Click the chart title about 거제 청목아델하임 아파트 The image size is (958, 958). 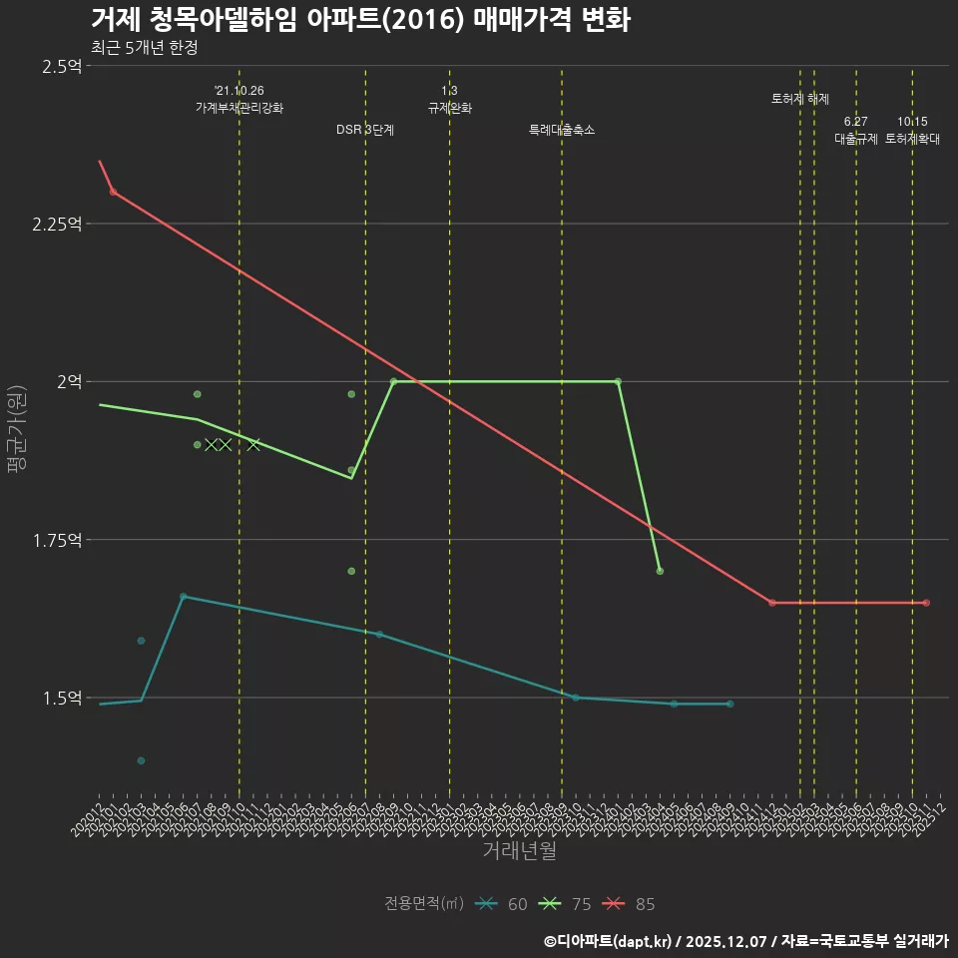[359, 20]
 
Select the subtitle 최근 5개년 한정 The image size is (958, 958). [151, 48]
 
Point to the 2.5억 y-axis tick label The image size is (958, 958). [62, 66]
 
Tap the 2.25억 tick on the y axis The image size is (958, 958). [57, 224]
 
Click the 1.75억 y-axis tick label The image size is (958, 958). [57, 540]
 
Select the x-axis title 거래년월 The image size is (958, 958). [519, 850]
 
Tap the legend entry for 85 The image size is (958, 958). [630, 904]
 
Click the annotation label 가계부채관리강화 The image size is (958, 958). [239, 108]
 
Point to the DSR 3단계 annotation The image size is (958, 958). [365, 130]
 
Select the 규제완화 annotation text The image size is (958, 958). [449, 108]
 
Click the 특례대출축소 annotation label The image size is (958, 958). [562, 130]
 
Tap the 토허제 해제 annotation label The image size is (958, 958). [800, 99]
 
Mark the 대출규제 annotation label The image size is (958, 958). [856, 139]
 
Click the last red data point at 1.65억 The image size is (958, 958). [926, 603]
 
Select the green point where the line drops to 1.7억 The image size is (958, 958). [660, 571]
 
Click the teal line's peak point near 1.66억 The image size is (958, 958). [183, 597]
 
